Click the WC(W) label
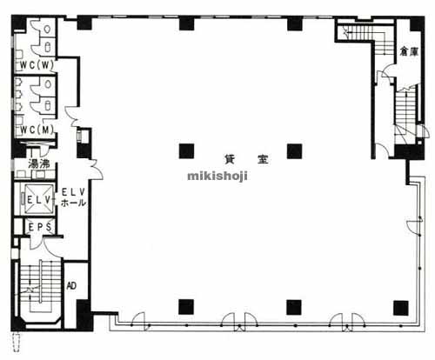pyautogui.click(x=37, y=65)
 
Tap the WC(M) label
pyautogui.click(x=37, y=130)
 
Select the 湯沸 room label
pyautogui.click(x=39, y=164)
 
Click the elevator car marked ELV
pyautogui.click(x=38, y=199)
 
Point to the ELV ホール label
pyautogui.click(x=73, y=197)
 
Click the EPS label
pyautogui.click(x=40, y=227)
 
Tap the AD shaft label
pyautogui.click(x=71, y=286)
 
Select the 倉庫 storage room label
pyautogui.click(x=409, y=51)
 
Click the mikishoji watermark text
pyautogui.click(x=217, y=176)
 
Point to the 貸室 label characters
pyautogui.click(x=246, y=159)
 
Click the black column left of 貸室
pyautogui.click(x=186, y=151)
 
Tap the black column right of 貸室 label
pyautogui.click(x=294, y=151)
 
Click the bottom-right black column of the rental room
pyautogui.click(x=401, y=308)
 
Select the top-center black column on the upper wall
pyautogui.click(x=186, y=23)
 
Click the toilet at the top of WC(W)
pyautogui.click(x=47, y=29)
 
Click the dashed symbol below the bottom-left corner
pyautogui.click(x=17, y=342)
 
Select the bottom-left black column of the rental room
pyautogui.click(x=186, y=307)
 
